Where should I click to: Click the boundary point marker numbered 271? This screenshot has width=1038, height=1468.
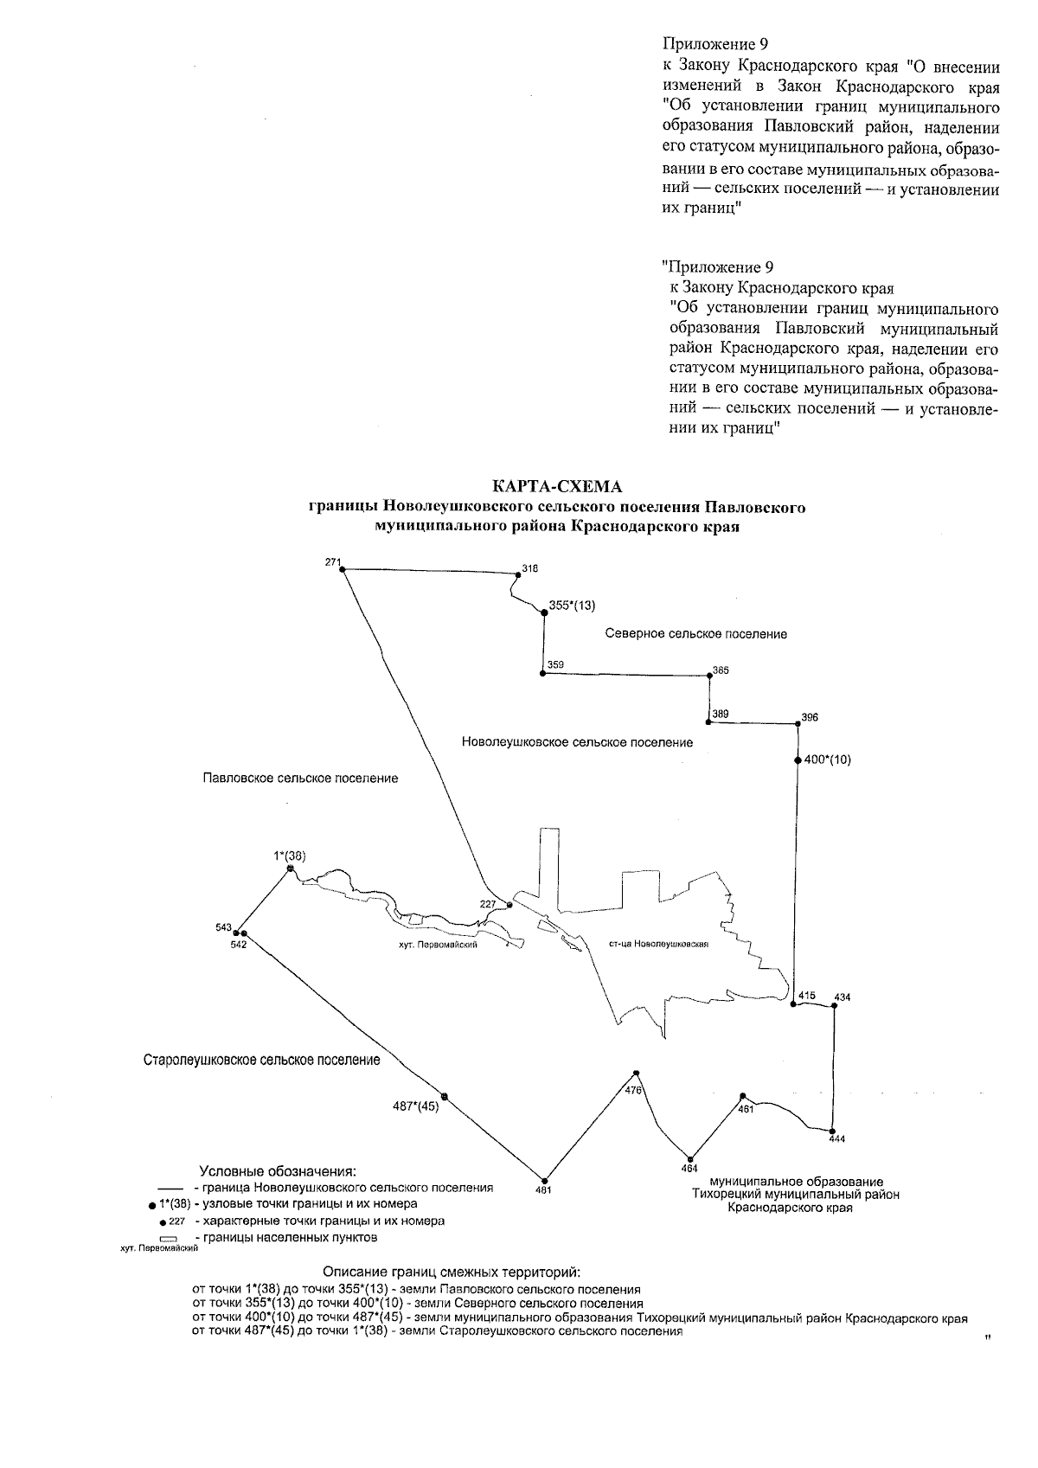point(343,570)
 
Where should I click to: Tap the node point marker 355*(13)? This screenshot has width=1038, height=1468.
point(543,608)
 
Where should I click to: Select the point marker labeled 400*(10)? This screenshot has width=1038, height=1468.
point(797,760)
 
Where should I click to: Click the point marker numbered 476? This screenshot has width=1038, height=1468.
point(636,1074)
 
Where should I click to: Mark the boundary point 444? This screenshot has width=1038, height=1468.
point(831,1131)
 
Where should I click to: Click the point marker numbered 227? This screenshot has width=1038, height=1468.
point(509,905)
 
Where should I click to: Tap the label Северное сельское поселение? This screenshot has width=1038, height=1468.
point(695,634)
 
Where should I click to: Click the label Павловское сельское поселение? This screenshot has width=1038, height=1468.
point(300,779)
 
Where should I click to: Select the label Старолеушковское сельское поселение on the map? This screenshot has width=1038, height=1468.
point(261,1060)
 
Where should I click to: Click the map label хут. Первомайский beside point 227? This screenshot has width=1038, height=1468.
point(435,946)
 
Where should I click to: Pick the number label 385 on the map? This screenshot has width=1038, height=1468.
point(721,670)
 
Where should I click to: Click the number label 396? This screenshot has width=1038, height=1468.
point(809,717)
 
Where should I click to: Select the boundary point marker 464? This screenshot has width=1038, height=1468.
point(690,1158)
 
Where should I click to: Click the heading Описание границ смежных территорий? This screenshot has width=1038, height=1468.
point(452,1272)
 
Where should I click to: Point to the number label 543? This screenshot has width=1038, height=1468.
point(223,927)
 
